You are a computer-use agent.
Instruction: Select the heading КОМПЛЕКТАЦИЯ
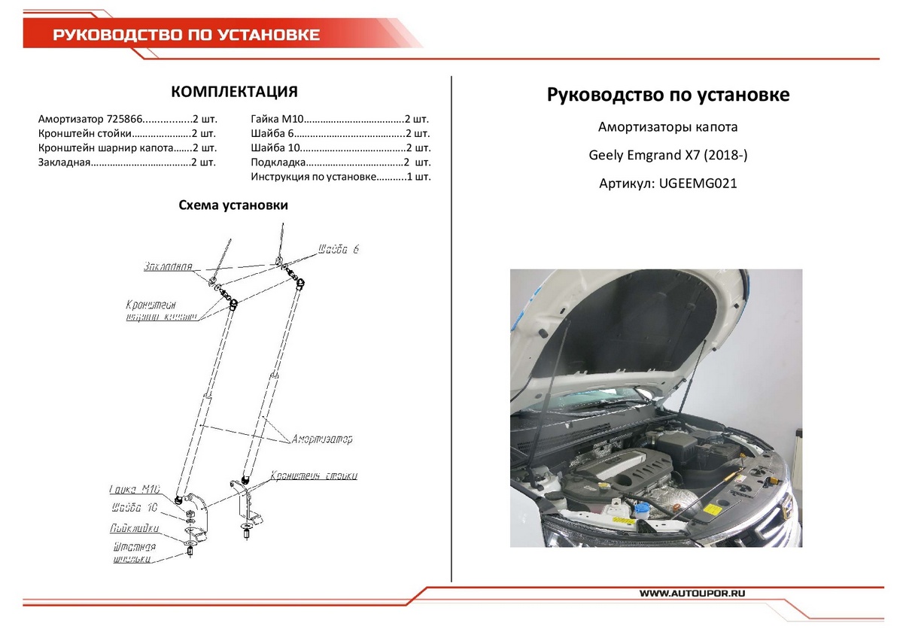coord(234,92)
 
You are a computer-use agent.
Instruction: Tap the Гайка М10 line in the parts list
coord(339,119)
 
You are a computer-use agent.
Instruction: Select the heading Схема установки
coord(233,205)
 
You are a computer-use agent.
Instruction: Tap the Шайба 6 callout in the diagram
coord(338,249)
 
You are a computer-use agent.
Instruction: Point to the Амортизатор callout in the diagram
coord(322,439)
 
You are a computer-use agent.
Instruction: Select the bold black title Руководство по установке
coord(667,96)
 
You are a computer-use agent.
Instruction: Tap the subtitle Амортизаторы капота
coord(667,126)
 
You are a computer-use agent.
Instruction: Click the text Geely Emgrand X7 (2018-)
coord(667,156)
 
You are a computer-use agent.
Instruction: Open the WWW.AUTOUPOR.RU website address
coord(692,594)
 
